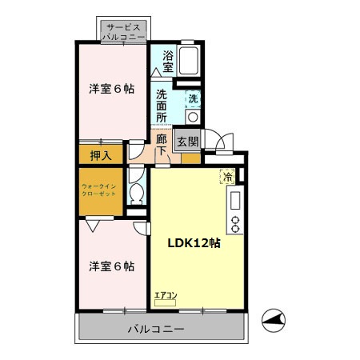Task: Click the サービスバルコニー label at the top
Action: [x=123, y=32]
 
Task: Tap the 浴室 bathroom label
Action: [x=168, y=61]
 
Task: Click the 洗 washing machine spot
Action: [x=192, y=99]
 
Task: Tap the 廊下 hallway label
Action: [x=162, y=145]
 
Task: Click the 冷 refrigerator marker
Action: [x=228, y=177]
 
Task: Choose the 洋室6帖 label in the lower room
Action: [x=110, y=265]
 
